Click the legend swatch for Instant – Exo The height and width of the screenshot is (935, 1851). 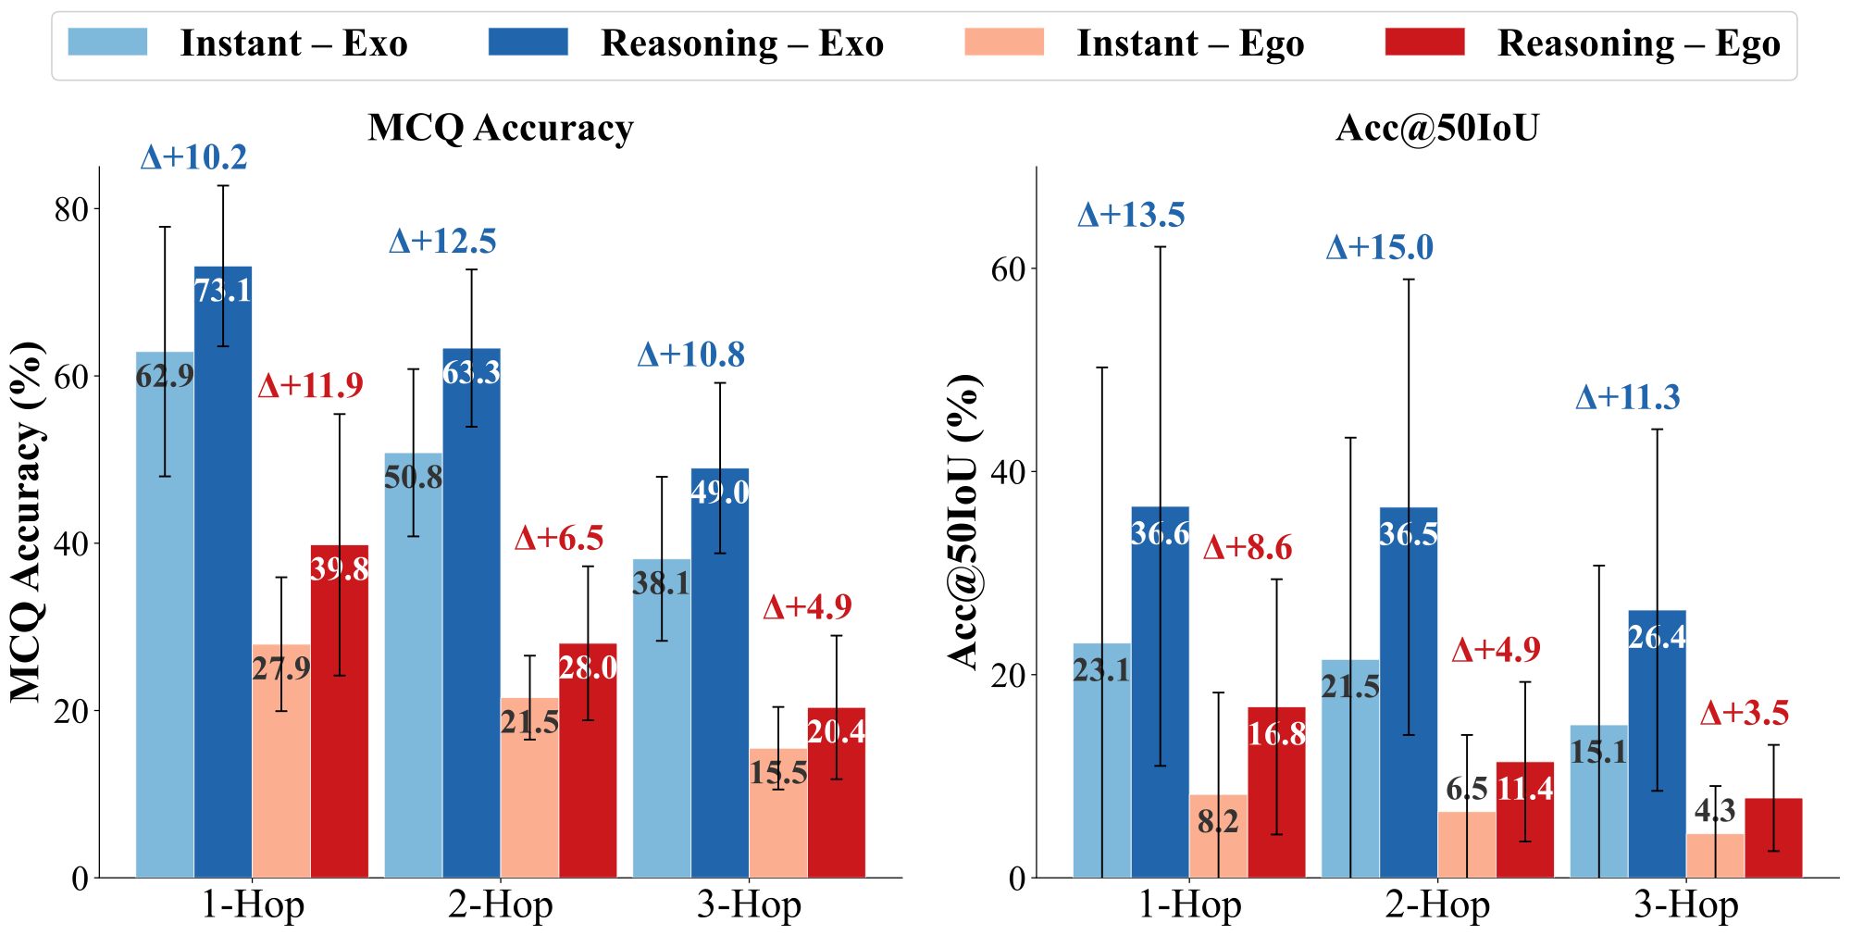[107, 43]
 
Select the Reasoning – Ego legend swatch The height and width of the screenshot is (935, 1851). [1424, 43]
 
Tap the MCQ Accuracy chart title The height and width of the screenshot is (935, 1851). [500, 128]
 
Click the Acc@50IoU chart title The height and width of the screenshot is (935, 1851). [1437, 128]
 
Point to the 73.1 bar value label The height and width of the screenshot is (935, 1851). [223, 291]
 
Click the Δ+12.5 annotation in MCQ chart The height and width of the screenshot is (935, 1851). [442, 242]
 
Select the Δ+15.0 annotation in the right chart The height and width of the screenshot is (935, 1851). [1379, 248]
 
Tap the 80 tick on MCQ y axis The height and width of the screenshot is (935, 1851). [72, 210]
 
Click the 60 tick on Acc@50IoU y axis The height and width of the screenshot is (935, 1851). [1010, 269]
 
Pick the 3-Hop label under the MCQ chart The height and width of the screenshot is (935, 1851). [749, 905]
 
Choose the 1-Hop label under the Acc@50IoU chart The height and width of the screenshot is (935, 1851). [1189, 905]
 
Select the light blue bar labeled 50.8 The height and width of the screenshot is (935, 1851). [414, 667]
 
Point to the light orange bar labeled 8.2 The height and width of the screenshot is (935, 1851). [1218, 838]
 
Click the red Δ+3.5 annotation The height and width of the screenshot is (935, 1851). [1745, 713]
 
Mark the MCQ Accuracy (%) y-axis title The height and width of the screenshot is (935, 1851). [28, 522]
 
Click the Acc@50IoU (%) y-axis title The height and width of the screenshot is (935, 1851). [964, 522]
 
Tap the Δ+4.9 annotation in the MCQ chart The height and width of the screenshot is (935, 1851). [807, 607]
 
